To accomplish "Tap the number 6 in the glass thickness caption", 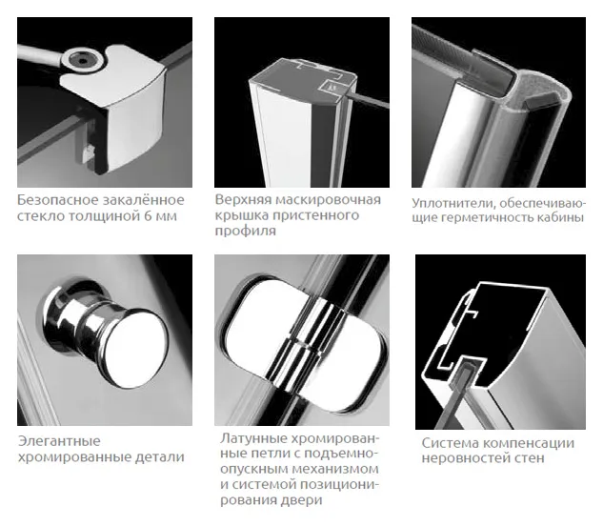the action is pyautogui.click(x=148, y=216).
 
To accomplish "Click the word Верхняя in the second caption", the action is pyautogui.click(x=242, y=200).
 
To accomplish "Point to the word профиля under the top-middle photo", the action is pyautogui.click(x=246, y=231).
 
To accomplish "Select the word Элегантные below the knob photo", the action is pyautogui.click(x=59, y=441).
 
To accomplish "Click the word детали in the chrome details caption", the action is pyautogui.click(x=160, y=457).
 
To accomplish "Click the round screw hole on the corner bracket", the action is pyautogui.click(x=83, y=60).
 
